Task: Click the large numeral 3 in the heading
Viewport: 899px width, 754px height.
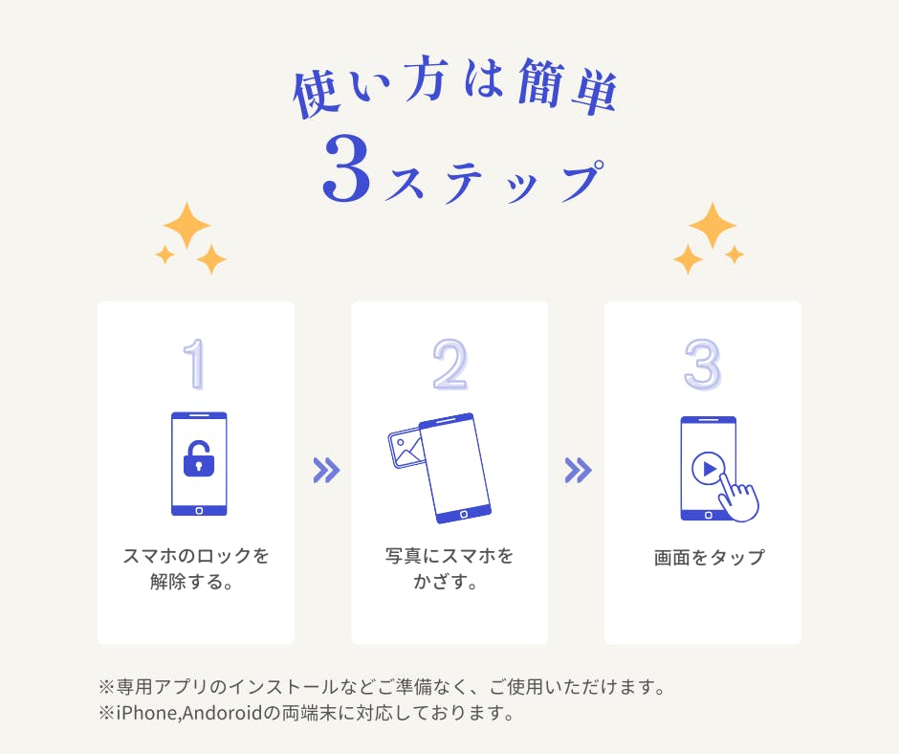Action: pos(345,168)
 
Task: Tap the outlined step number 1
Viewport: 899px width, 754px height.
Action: pos(195,364)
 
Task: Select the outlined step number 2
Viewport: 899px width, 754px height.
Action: pos(450,364)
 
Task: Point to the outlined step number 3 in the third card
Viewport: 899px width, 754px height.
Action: pos(702,364)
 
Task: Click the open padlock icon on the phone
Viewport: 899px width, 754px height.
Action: pos(198,458)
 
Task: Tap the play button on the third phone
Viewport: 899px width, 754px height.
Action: pos(709,469)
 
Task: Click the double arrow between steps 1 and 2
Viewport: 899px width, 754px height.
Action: pos(327,471)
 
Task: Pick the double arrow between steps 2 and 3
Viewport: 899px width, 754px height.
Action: pos(578,471)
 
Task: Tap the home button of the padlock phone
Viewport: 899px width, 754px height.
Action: pos(199,511)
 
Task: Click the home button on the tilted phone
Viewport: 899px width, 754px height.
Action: pos(464,514)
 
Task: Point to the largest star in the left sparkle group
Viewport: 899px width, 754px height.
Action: pos(186,225)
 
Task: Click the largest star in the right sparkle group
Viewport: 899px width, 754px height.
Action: pos(713,225)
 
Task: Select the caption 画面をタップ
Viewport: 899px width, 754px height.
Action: pos(710,557)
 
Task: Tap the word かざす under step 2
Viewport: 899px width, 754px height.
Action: pos(440,582)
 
